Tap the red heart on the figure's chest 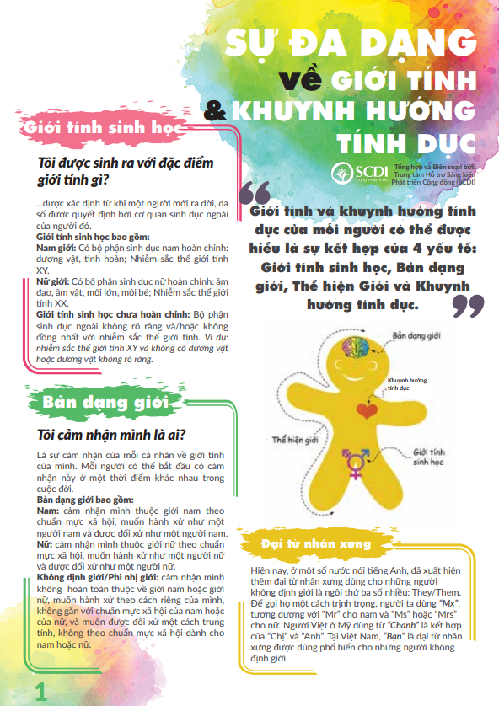click(x=366, y=410)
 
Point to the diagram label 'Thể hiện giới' click(x=293, y=439)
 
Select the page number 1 click(x=39, y=692)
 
